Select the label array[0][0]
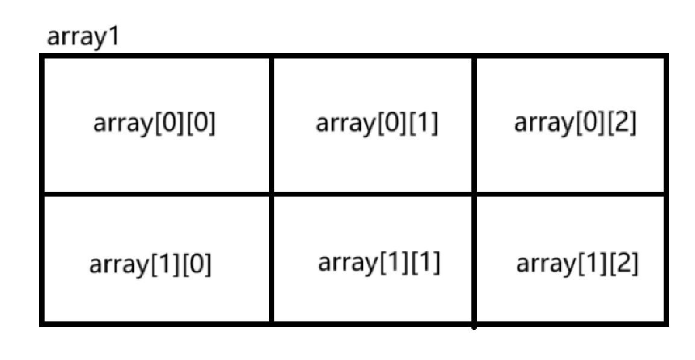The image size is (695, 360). pos(154,124)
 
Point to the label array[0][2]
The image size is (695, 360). pos(575,124)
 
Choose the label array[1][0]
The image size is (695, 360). pos(151,265)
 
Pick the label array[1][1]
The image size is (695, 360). pos(379,263)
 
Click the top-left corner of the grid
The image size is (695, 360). pos(42,57)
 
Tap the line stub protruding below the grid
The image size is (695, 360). pos(474,328)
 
